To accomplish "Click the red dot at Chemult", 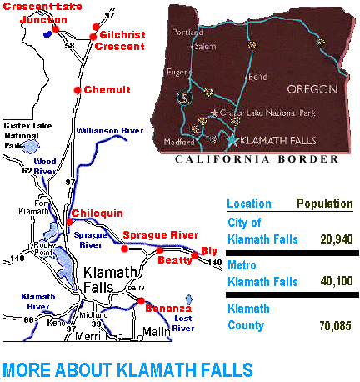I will (77, 89).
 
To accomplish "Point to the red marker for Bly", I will (197, 254).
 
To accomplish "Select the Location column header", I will (248, 204).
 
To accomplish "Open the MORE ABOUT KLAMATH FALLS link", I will (127, 369).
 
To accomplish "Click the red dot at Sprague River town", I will (124, 248).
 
